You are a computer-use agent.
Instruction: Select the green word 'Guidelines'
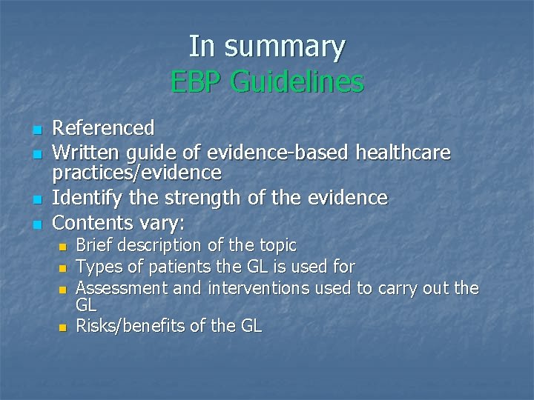297,81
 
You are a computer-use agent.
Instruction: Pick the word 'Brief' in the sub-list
95,245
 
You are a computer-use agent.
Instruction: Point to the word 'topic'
276,245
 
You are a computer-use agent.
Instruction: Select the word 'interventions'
255,287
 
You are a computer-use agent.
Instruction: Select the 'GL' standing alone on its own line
87,305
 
